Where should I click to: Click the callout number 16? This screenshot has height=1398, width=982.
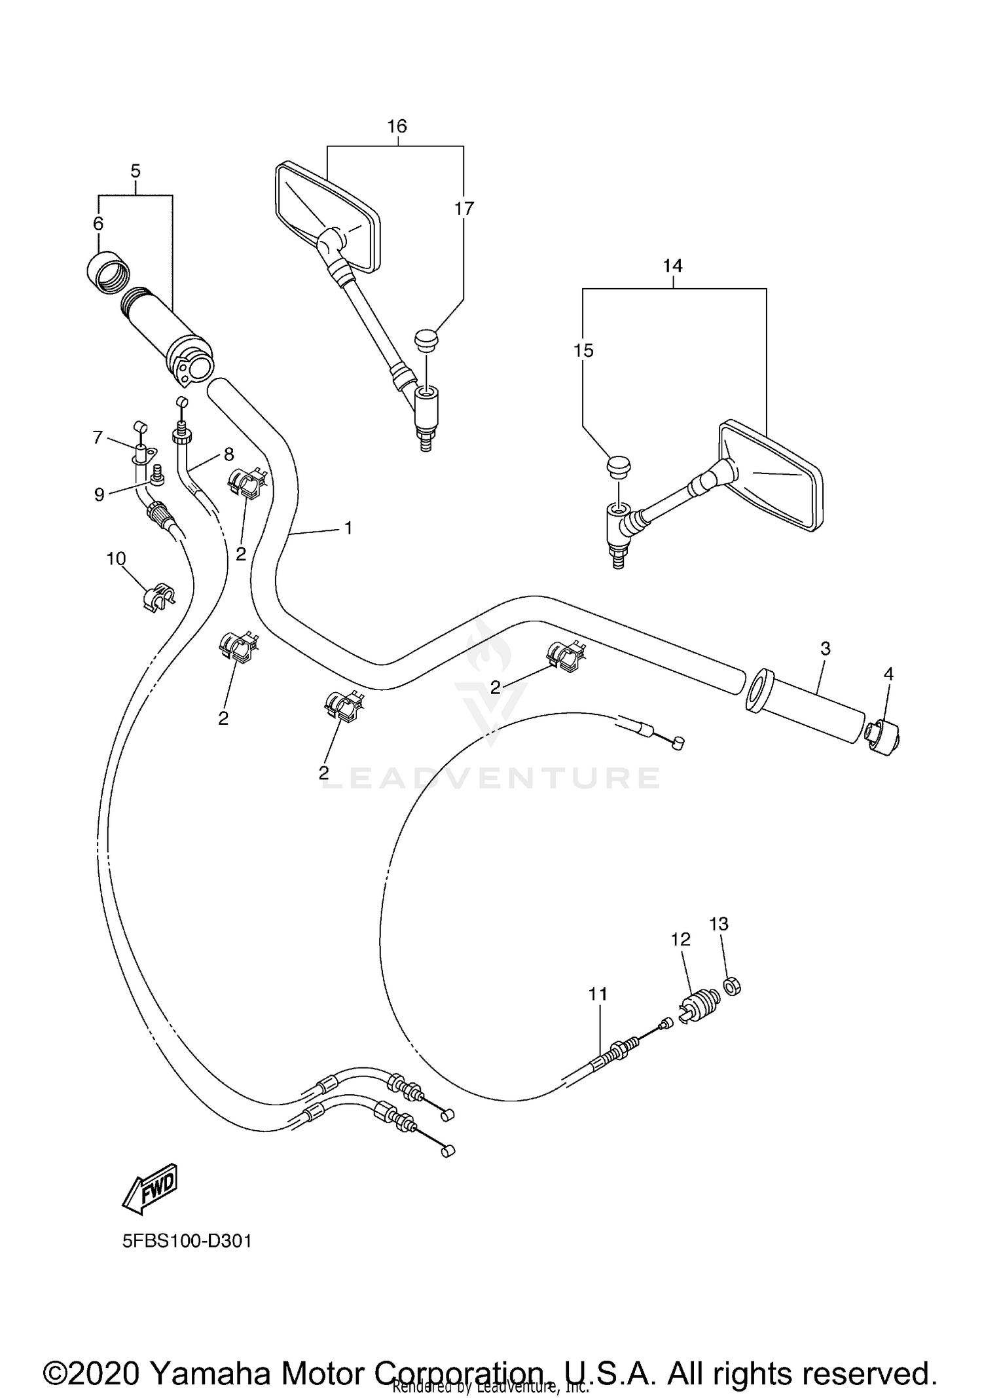point(397,126)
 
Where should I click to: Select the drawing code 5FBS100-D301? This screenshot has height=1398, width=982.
point(187,1241)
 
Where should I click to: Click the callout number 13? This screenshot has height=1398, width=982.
point(719,924)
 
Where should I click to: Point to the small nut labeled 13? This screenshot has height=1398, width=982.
point(732,985)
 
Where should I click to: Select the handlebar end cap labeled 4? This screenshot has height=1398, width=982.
point(884,738)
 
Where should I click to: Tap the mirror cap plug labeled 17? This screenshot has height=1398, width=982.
point(426,340)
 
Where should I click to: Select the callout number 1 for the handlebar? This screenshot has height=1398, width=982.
point(348,528)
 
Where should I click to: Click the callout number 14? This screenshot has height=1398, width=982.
point(672,266)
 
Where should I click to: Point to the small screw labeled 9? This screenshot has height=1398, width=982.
point(156,474)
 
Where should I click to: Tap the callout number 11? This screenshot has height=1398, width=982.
point(598,993)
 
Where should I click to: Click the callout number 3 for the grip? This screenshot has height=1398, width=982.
point(825,648)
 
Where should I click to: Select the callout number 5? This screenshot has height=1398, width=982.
point(136,172)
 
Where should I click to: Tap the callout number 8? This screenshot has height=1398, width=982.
point(228,453)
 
